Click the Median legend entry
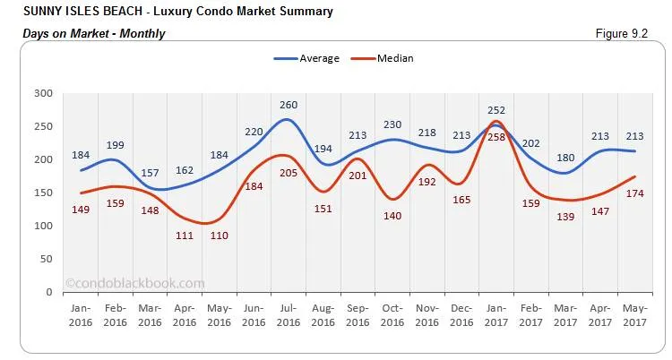click(394, 58)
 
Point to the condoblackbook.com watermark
click(135, 283)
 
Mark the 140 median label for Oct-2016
click(392, 216)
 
